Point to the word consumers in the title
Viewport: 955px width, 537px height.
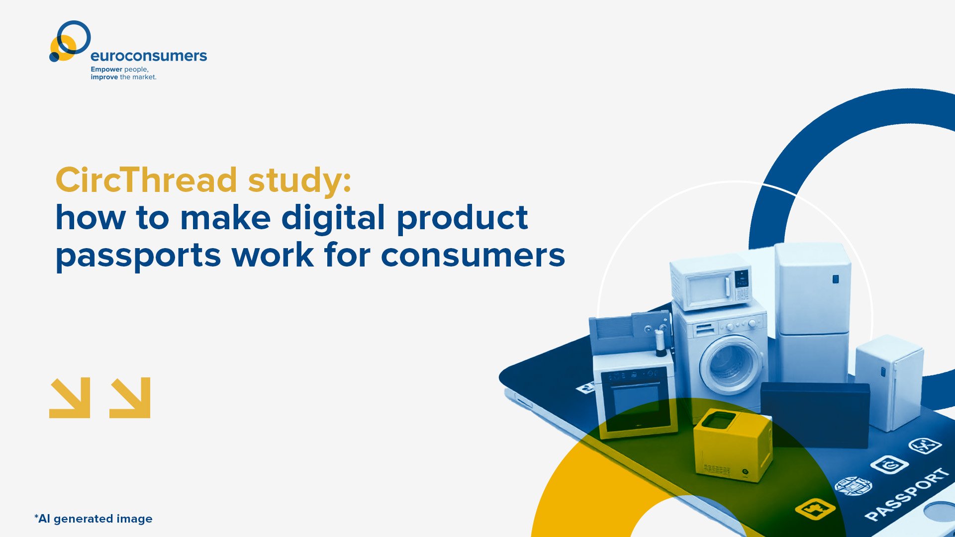coord(473,256)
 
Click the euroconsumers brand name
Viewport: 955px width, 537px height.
coord(149,56)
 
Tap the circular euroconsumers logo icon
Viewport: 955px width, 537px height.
coord(70,41)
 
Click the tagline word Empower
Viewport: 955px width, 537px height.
coord(106,69)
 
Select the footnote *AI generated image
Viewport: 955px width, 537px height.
coord(94,519)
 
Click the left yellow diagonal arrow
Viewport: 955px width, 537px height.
coord(70,397)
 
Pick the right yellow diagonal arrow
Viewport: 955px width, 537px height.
coord(130,397)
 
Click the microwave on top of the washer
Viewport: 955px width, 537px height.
coord(711,282)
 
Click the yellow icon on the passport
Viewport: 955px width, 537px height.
coord(815,509)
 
